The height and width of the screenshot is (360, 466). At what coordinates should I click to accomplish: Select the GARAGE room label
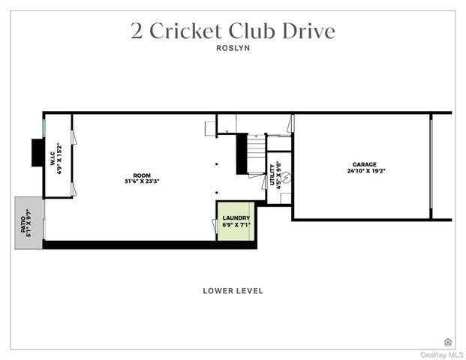click(x=365, y=164)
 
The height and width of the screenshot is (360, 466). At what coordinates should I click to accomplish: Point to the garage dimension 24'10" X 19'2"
click(x=365, y=171)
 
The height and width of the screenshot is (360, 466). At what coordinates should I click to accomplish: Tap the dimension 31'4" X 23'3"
click(x=142, y=181)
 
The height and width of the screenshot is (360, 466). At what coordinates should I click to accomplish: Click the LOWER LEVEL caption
click(x=233, y=291)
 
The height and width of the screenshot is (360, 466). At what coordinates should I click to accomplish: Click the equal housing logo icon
click(x=448, y=341)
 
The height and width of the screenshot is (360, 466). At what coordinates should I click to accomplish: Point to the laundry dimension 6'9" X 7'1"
click(x=236, y=224)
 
